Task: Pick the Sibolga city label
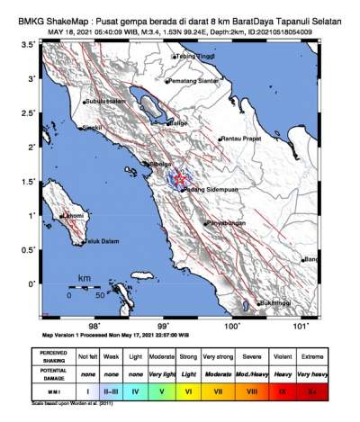[x=160, y=165]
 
